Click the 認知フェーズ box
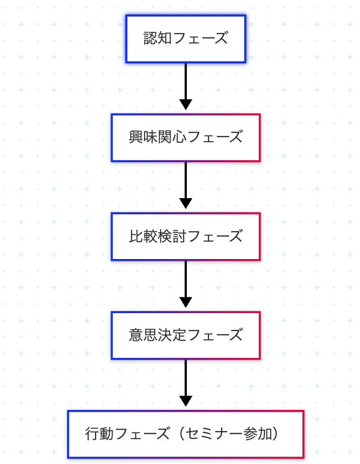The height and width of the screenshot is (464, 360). (x=186, y=39)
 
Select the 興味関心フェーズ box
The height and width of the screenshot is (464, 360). (x=186, y=138)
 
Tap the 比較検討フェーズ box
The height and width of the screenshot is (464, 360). (x=186, y=237)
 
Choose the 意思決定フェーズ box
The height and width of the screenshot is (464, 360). (x=186, y=335)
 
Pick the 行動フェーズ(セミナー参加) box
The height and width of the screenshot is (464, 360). (x=186, y=434)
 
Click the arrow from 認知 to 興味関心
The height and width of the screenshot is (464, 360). (x=186, y=86)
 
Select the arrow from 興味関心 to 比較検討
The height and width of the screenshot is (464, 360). (x=186, y=185)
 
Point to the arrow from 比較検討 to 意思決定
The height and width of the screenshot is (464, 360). (x=186, y=284)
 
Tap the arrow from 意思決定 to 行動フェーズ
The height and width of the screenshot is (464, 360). (x=186, y=383)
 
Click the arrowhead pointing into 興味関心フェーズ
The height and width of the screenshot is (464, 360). (x=186, y=104)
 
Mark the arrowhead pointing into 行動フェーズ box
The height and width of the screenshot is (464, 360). (x=186, y=401)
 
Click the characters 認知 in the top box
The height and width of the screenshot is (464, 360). (x=158, y=39)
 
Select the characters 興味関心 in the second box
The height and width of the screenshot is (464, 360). (x=158, y=137)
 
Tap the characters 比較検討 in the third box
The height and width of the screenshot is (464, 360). (x=158, y=236)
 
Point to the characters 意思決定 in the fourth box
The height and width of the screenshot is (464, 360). (x=158, y=335)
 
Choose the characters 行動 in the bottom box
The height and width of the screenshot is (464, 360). (x=99, y=434)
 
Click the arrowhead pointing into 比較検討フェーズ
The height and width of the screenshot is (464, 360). (x=186, y=203)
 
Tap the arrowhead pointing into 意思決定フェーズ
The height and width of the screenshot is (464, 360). (x=186, y=302)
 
